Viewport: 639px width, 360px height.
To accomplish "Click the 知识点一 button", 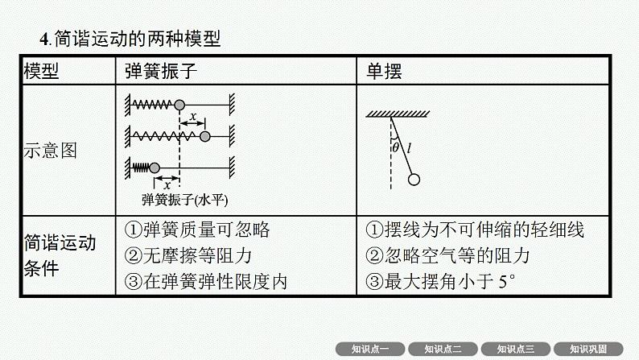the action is coord(370,349).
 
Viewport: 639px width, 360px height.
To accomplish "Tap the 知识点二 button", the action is coord(443,349).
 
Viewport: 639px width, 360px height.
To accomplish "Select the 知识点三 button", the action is coord(516,349).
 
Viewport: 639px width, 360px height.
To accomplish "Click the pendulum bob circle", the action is coord(414,180).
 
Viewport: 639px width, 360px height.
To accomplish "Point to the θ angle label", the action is coord(395,147).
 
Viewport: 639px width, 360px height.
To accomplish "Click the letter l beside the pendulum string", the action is coord(409,148).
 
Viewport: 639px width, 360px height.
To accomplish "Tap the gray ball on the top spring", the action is coord(179,106).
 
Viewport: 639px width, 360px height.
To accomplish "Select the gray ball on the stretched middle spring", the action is coord(205,137).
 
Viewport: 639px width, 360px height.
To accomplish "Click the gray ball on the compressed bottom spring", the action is coord(155,168).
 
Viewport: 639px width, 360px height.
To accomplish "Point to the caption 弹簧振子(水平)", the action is coord(184,200).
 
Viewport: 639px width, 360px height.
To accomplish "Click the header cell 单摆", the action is coord(384,72).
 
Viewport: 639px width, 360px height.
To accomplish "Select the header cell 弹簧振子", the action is coord(161,72).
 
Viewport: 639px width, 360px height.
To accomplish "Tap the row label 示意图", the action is coord(50,151).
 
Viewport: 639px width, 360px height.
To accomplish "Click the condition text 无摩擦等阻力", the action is coord(197,255).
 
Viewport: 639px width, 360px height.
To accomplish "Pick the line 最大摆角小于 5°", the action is coord(450,282).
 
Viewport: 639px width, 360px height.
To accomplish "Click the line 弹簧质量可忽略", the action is coord(206,230).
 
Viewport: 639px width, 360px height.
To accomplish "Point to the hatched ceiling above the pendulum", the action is coord(398,114).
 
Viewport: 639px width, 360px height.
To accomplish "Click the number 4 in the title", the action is coord(44,39).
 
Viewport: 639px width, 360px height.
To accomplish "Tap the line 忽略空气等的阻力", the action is coord(457,255).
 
